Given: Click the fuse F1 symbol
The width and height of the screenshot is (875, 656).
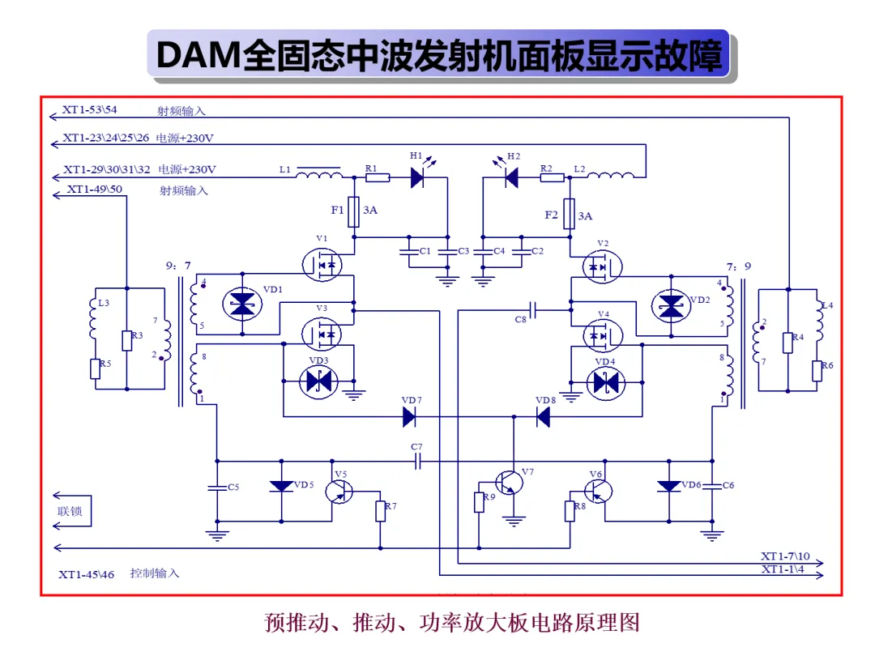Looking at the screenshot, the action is pyautogui.click(x=353, y=211).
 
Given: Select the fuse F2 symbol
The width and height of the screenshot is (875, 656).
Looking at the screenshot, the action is pyautogui.click(x=569, y=214).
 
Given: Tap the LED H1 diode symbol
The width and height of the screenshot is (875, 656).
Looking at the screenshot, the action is pyautogui.click(x=417, y=177).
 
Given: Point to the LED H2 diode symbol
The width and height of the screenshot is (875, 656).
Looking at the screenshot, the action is pyautogui.click(x=511, y=177).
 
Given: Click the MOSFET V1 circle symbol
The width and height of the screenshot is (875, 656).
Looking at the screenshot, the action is pyautogui.click(x=322, y=264).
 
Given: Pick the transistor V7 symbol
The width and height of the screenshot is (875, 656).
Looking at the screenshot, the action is pyautogui.click(x=509, y=483).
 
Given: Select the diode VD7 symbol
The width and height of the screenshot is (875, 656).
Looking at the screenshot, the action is pyautogui.click(x=409, y=417).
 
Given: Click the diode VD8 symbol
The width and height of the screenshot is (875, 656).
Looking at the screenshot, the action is pyautogui.click(x=543, y=417).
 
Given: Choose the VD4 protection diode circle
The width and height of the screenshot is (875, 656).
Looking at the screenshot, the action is pyautogui.click(x=605, y=383).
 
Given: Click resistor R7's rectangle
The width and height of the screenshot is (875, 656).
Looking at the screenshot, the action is pyautogui.click(x=381, y=511).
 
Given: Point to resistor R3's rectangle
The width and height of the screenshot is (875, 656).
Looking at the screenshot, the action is pyautogui.click(x=127, y=340).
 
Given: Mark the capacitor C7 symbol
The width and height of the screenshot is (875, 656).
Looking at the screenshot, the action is pyautogui.click(x=417, y=462).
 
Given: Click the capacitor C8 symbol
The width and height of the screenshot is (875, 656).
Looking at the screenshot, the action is pyautogui.click(x=532, y=310).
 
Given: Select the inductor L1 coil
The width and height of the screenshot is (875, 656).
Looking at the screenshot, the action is pyautogui.click(x=318, y=175).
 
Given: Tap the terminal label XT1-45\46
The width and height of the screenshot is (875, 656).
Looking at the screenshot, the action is pyautogui.click(x=87, y=574).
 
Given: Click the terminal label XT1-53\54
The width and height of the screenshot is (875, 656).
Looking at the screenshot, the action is pyautogui.click(x=89, y=109).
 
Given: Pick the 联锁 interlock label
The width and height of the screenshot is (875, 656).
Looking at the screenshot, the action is pyautogui.click(x=70, y=511).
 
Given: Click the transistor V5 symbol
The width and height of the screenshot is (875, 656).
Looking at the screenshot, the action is pyautogui.click(x=339, y=492).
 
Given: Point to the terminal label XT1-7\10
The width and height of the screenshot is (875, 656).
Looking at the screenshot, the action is pyautogui.click(x=785, y=556).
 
